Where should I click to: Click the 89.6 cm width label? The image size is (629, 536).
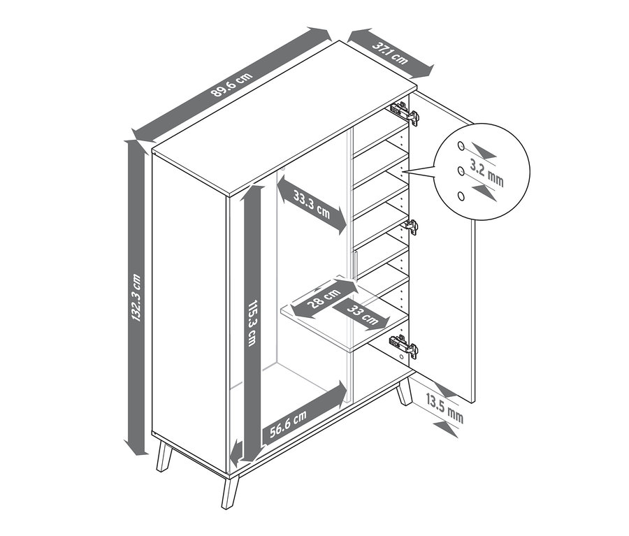pos(232,85)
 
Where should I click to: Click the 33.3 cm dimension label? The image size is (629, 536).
pos(311,205)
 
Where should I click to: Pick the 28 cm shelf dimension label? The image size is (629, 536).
pos(324,298)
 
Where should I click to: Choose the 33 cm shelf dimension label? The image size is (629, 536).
pos(362,314)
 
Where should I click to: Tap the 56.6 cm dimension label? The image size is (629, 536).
pos(288,423)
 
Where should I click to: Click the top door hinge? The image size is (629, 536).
pos(405,113)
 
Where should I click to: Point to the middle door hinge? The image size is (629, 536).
pos(411,227)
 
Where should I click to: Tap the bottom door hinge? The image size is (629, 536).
pos(403,345)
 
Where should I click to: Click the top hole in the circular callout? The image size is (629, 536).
pos(461,146)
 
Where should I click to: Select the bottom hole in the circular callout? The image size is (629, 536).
pos(461,196)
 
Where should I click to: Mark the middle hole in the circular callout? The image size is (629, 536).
pos(461,171)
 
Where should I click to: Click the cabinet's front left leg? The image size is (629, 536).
pos(164,456)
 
